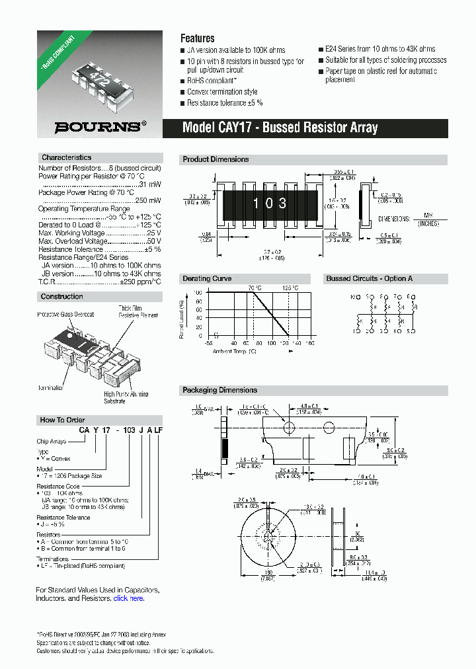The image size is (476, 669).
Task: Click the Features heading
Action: pyautogui.click(x=198, y=38)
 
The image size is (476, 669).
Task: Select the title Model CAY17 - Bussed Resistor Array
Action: pyautogui.click(x=280, y=128)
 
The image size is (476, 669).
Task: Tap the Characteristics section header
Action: pyautogui.click(x=66, y=157)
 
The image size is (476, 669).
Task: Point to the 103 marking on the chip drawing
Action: pyautogui.click(x=270, y=204)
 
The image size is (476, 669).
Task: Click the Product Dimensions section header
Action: pyautogui.click(x=216, y=159)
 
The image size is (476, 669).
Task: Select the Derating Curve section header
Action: pyautogui.click(x=207, y=278)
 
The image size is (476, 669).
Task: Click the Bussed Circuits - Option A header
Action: pyautogui.click(x=369, y=278)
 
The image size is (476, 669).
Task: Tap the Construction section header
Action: pyautogui.click(x=62, y=297)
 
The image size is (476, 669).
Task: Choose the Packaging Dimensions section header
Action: pyautogui.click(x=219, y=390)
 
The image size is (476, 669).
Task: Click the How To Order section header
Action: pyautogui.click(x=62, y=420)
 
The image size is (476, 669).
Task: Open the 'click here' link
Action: pyautogui.click(x=128, y=598)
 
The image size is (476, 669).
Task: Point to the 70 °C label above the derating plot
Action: pyautogui.click(x=255, y=288)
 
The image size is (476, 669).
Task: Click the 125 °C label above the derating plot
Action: pyautogui.click(x=290, y=288)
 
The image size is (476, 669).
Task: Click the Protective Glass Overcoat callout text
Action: pyautogui.click(x=65, y=315)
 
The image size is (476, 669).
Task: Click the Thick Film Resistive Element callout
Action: pyautogui.click(x=138, y=312)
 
